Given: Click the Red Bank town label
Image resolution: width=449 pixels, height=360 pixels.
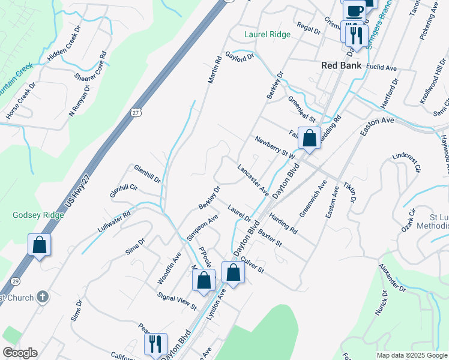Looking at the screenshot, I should (341, 65).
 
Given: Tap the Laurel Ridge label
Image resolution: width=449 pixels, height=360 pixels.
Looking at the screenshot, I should (267, 35).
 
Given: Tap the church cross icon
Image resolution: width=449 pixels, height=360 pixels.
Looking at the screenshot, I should (42, 296).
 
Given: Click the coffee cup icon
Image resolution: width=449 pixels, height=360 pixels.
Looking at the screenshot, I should (354, 10).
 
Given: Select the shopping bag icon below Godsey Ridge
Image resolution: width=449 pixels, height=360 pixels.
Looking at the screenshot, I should (39, 245).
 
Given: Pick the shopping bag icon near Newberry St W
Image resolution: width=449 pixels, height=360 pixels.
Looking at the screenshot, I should (309, 138).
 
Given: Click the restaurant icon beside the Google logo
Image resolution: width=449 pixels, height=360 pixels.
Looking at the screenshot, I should (155, 344).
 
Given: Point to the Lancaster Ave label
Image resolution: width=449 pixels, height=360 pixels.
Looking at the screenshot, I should (253, 180).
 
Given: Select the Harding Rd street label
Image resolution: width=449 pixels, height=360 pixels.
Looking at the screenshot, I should (283, 223).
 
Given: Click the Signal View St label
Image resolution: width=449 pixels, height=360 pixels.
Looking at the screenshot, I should (176, 301).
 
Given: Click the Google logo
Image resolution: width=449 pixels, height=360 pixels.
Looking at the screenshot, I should (20, 353).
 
